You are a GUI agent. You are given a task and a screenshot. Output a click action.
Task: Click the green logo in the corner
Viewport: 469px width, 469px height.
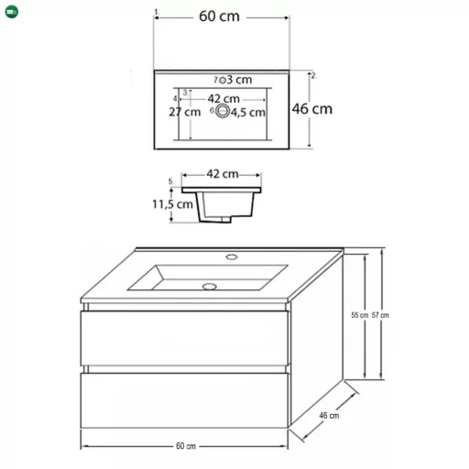click(x=12, y=12)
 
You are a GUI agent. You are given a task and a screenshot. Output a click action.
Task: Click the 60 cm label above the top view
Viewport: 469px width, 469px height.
click(x=219, y=16)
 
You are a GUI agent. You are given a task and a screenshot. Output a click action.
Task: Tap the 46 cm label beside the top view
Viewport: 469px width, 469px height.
click(x=312, y=109)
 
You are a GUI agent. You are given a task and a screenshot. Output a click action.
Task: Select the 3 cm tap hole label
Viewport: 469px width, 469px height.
click(x=239, y=80)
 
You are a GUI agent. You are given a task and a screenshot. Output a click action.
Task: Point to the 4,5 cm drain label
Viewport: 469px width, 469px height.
click(x=247, y=113)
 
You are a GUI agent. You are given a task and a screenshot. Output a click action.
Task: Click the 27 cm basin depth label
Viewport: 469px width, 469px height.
click(x=185, y=112)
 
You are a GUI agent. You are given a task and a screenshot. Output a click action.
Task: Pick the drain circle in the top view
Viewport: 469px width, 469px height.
click(x=223, y=111)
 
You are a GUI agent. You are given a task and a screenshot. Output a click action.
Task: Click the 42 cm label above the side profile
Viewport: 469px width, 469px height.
click(x=223, y=174)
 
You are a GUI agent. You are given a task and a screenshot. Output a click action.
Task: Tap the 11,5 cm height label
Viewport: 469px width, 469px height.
click(x=172, y=204)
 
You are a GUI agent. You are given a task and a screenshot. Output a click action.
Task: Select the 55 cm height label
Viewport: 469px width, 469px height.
click(x=360, y=315)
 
